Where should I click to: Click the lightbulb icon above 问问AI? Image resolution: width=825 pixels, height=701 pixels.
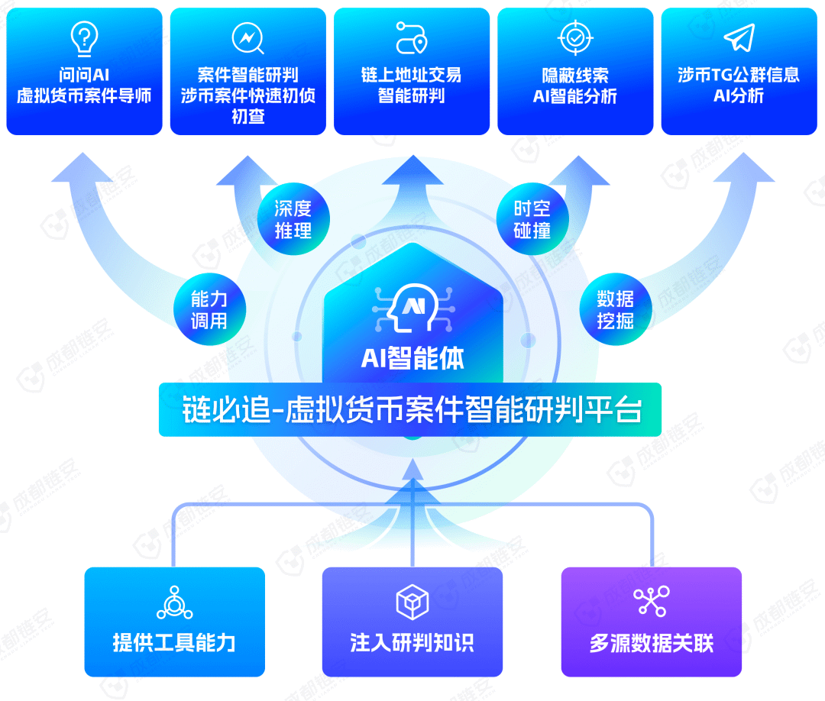pyautogui.click(x=84, y=39)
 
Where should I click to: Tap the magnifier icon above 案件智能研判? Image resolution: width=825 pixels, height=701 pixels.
pyautogui.click(x=247, y=38)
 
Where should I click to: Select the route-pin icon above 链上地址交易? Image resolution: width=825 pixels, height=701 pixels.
pyautogui.click(x=412, y=38)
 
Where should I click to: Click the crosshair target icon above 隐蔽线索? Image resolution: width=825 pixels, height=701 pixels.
pyautogui.click(x=575, y=38)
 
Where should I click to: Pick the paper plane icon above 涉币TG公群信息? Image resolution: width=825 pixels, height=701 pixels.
pyautogui.click(x=739, y=38)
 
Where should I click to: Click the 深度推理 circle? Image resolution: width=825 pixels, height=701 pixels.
pyautogui.click(x=293, y=218)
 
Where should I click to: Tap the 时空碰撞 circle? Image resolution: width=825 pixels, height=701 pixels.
pyautogui.click(x=532, y=218)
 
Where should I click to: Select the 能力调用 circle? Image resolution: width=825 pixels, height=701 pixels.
pyautogui.click(x=209, y=309)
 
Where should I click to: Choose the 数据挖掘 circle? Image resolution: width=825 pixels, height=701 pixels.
pyautogui.click(x=616, y=309)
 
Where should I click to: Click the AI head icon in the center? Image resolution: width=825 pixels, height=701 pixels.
pyautogui.click(x=413, y=309)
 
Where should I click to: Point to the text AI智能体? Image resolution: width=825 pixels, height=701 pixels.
pyautogui.click(x=412, y=359)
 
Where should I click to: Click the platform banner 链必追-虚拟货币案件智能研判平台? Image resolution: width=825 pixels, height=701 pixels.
pyautogui.click(x=410, y=409)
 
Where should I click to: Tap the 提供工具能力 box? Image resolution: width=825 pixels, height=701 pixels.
pyautogui.click(x=175, y=622)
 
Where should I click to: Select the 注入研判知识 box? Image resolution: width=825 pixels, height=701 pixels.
pyautogui.click(x=412, y=622)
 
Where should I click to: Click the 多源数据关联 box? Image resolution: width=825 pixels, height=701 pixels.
pyautogui.click(x=652, y=622)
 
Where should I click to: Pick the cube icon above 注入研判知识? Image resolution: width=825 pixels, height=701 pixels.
pyautogui.click(x=412, y=602)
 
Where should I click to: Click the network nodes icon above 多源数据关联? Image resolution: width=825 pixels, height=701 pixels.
pyautogui.click(x=652, y=601)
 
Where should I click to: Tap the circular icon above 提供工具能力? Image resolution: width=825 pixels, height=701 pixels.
pyautogui.click(x=175, y=602)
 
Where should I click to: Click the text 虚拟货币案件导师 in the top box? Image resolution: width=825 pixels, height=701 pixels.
pyautogui.click(x=84, y=95)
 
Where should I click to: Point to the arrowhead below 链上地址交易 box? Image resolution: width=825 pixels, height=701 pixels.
pyautogui.click(x=413, y=170)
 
